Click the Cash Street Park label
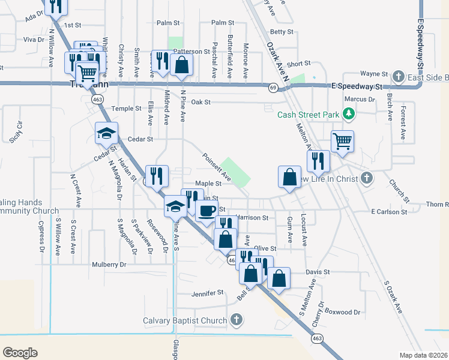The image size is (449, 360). pyautogui.click(x=307, y=113)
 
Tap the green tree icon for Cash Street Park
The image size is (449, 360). pyautogui.click(x=348, y=113)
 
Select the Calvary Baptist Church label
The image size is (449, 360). pyautogui.click(x=185, y=320)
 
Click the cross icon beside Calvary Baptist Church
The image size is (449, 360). pyautogui.click(x=237, y=319)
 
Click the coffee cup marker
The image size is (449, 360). pyautogui.click(x=207, y=211)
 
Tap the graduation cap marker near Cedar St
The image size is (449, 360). pyautogui.click(x=107, y=133)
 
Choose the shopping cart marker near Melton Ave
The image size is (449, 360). pyautogui.click(x=342, y=142)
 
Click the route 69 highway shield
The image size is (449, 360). pyautogui.click(x=273, y=88)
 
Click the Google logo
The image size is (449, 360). pyautogui.click(x=20, y=352)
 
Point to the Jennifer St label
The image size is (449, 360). pyautogui.click(x=207, y=293)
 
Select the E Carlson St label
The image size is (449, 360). pyautogui.click(x=389, y=212)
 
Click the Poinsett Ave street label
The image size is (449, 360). pyautogui.click(x=216, y=166)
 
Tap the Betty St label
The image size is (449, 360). pyautogui.click(x=282, y=32)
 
